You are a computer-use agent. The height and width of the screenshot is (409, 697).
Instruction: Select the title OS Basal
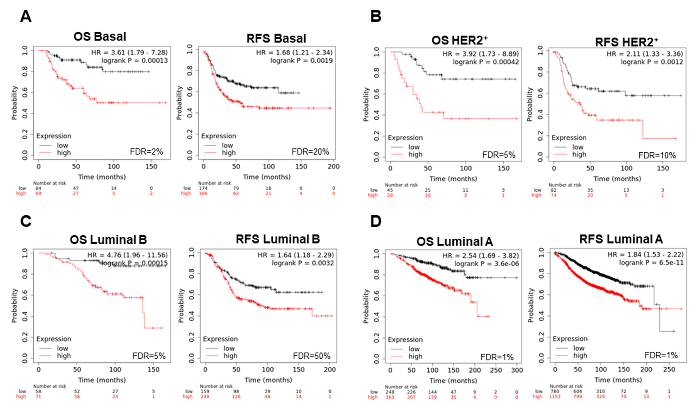100,36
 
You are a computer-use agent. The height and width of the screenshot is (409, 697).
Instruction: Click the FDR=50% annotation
312,356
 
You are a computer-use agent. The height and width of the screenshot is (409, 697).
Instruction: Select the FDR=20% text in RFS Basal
310,152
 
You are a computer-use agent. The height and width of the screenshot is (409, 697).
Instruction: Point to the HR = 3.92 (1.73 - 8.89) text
480,54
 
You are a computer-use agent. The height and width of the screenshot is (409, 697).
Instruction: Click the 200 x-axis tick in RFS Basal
334,166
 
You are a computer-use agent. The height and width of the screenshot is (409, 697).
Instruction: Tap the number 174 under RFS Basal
203,188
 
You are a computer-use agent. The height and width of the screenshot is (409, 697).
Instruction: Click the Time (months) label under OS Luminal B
102,380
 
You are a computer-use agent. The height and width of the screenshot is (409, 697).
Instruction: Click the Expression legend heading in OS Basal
54,136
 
